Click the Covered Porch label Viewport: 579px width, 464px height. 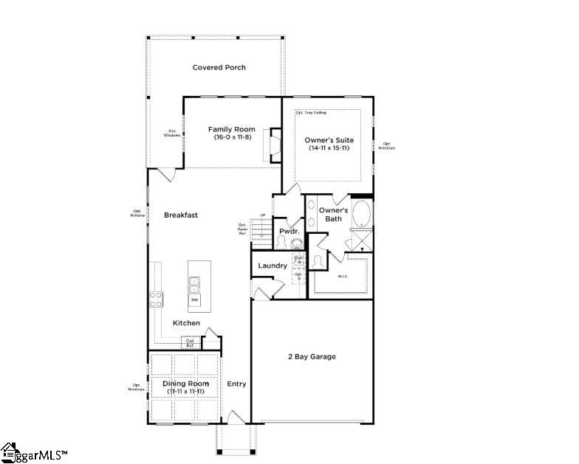click(219, 68)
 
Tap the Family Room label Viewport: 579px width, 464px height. click(231, 129)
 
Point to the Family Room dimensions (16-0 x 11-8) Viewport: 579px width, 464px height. click(231, 137)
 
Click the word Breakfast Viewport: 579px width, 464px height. click(181, 215)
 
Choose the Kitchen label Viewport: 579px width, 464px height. click(186, 323)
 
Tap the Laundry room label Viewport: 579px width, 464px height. click(272, 266)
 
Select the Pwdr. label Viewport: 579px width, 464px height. click(287, 231)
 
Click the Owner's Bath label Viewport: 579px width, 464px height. click(333, 215)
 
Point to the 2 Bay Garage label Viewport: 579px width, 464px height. click(312, 356)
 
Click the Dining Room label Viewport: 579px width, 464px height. click(185, 384)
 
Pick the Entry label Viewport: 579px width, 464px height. click(236, 384)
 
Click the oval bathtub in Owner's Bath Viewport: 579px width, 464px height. click(362, 214)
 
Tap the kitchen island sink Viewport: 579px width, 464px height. click(195, 284)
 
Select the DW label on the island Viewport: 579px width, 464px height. click(195, 299)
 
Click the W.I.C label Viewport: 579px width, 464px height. click(343, 277)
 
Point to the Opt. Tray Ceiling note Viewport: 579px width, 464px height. click(310, 113)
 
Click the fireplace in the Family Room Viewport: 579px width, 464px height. click(275, 144)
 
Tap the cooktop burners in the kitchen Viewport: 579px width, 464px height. click(157, 299)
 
